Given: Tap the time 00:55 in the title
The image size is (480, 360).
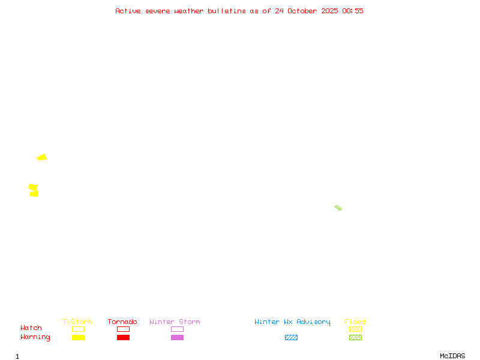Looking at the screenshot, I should [353, 11].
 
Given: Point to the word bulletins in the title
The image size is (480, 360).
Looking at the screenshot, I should [227, 11].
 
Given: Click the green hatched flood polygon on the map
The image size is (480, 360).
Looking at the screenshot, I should [338, 208].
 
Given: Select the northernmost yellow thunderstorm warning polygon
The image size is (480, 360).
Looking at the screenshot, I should [42, 157].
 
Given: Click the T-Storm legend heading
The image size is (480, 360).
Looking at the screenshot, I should [77, 322].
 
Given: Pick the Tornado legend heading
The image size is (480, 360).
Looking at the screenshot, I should [122, 322].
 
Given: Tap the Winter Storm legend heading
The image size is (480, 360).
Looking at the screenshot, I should [175, 322].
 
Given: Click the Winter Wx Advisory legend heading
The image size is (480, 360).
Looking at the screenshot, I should [292, 322].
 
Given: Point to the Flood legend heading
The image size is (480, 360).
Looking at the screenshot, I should [355, 322].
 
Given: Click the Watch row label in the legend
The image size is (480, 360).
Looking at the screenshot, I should [31, 328].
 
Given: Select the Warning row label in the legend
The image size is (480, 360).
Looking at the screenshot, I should [35, 337].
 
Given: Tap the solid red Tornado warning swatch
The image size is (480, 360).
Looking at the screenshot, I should [123, 337].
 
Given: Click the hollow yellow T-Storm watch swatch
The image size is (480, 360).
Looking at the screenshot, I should [78, 329].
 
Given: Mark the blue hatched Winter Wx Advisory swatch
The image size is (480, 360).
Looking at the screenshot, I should [291, 337].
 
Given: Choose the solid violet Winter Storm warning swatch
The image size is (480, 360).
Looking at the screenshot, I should [177, 337].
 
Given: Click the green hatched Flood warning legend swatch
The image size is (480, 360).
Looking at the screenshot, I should [355, 337].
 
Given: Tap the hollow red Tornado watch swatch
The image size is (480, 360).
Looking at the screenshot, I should [123, 329].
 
